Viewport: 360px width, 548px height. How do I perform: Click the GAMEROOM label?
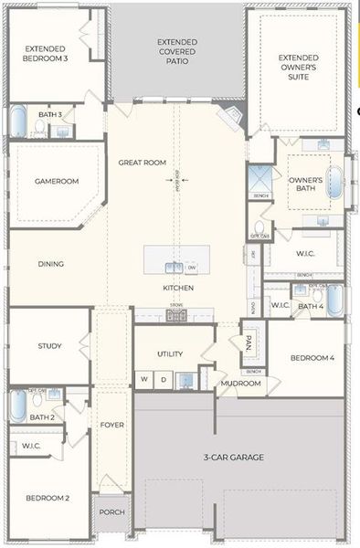coord(57,181)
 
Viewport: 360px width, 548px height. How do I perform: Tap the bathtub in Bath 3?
coord(18,121)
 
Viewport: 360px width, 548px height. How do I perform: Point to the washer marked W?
coord(143,377)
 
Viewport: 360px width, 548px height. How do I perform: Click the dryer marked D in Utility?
coord(163,377)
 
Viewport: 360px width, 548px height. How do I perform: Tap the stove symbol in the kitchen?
coord(176,315)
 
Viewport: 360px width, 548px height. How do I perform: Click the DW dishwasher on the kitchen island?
coord(192,267)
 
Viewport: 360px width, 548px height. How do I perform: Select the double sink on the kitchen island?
coord(173,267)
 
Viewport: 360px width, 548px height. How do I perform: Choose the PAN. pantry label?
coord(248,344)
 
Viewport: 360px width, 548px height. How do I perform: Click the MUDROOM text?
coord(240,383)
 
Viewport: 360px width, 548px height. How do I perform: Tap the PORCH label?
coord(111,512)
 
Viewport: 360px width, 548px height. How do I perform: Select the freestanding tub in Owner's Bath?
coord(335,183)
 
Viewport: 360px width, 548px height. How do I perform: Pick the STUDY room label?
coord(49,345)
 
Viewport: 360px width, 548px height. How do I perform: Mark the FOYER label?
coord(111,424)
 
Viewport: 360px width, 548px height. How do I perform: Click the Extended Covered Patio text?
coord(177,54)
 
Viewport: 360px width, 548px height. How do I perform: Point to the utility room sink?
coord(185,378)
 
